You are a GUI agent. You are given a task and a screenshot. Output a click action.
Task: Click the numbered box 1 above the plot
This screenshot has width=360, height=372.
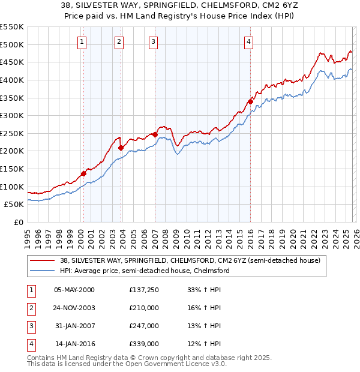point(82,41)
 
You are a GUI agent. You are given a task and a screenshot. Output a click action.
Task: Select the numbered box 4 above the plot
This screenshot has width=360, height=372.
point(248,41)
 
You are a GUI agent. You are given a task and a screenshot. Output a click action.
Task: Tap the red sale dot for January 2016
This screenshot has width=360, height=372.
point(250,101)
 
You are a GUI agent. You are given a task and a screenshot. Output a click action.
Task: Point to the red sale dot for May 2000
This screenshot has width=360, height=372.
point(83,173)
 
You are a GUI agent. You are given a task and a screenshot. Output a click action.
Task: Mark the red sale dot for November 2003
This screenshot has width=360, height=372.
point(121,148)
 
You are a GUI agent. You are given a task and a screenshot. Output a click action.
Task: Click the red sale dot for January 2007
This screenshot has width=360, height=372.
point(155,134)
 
